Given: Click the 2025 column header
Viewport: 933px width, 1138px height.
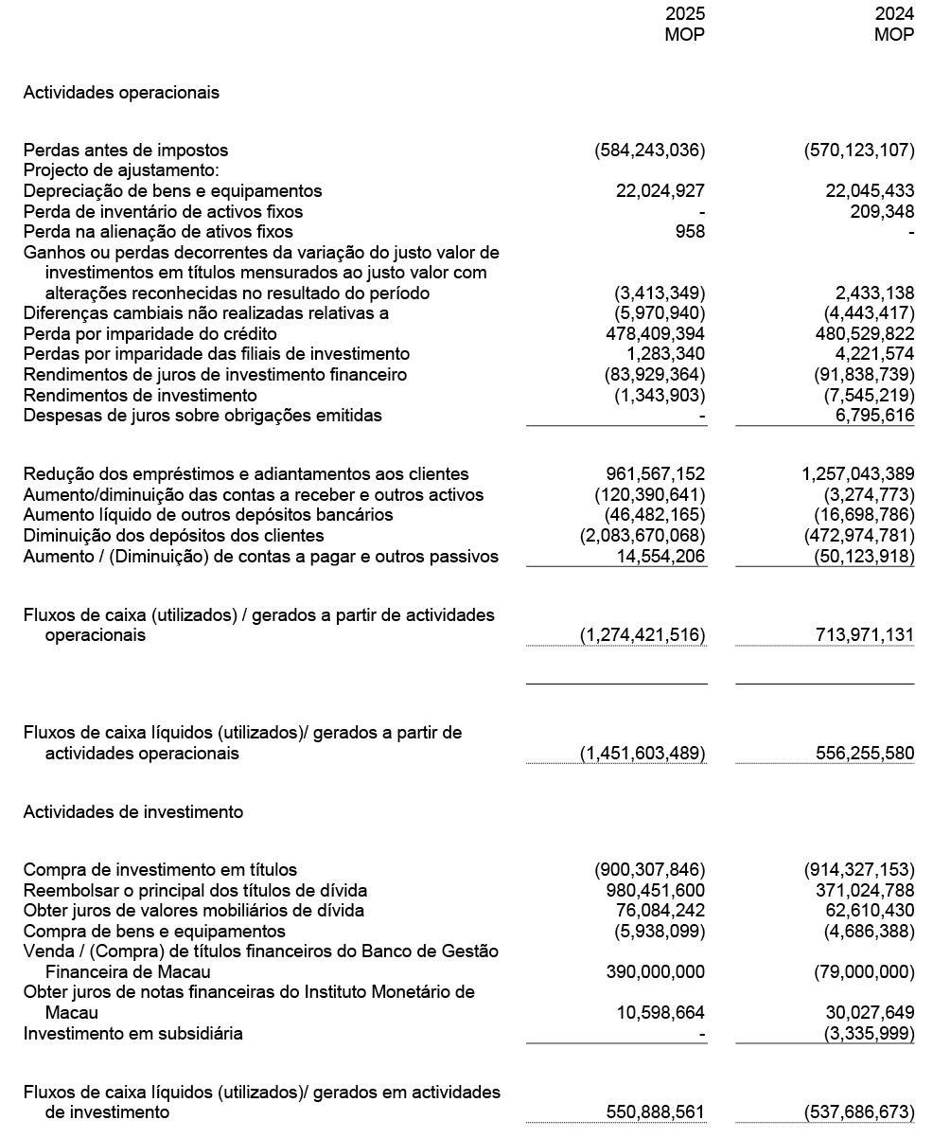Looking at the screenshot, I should click(x=685, y=15).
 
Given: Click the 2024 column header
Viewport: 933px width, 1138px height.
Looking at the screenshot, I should click(x=894, y=15).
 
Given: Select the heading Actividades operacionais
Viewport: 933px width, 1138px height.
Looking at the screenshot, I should click(x=121, y=92).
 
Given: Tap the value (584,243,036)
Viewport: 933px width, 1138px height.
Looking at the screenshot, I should click(x=650, y=151).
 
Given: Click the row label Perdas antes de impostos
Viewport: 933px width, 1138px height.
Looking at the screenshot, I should click(x=125, y=151).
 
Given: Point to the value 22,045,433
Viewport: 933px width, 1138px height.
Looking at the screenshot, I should click(x=871, y=191).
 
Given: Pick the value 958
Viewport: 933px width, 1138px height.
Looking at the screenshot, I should click(x=689, y=232).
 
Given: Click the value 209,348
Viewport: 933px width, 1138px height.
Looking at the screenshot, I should click(x=882, y=212).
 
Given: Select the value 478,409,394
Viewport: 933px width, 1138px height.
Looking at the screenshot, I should click(x=655, y=334).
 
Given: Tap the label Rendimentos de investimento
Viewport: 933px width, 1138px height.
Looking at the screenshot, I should click(x=139, y=395).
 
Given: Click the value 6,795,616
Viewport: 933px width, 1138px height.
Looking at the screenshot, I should click(x=875, y=416).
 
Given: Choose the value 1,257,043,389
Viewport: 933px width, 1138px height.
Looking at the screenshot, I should click(x=858, y=474).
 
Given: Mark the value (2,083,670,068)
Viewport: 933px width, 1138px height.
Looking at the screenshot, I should click(x=643, y=536).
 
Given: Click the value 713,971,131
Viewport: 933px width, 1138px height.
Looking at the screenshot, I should click(x=865, y=635).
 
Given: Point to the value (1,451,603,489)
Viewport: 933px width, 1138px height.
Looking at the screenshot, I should click(x=643, y=754).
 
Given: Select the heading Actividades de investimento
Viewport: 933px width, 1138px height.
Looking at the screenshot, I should click(x=132, y=812).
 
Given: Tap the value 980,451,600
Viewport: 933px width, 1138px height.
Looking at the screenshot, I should click(x=655, y=890).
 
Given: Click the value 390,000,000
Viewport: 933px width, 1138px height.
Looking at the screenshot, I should click(x=655, y=972).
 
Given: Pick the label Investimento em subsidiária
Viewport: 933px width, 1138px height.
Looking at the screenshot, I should click(x=132, y=1033).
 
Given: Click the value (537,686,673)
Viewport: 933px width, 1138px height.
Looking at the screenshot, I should click(x=859, y=1112).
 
